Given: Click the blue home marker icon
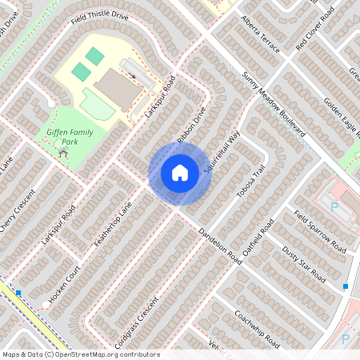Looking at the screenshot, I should coord(180,172).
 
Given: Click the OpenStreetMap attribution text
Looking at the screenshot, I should coord(80,354).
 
